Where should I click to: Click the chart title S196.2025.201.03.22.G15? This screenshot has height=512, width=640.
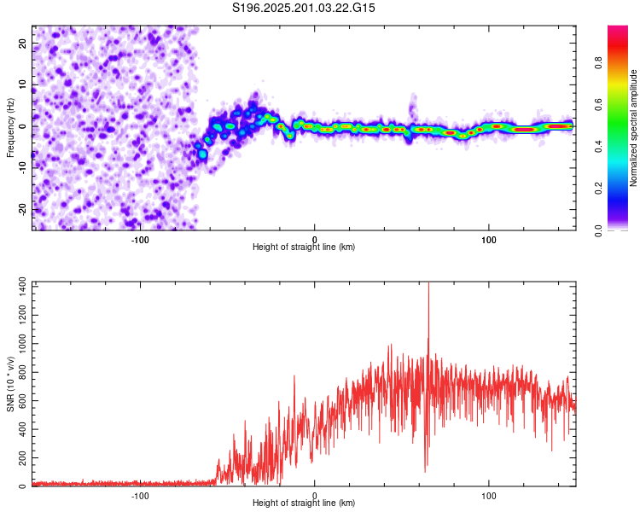tap(303, 8)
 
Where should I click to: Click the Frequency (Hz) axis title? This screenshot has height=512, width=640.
tap(10, 128)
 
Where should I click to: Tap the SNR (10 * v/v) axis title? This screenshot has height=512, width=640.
tap(10, 384)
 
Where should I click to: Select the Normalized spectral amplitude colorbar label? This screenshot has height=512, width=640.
tap(633, 128)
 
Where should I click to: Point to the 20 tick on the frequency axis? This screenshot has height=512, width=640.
tap(22, 43)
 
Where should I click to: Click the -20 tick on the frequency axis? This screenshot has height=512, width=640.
tap(22, 209)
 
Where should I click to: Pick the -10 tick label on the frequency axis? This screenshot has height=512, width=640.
tap(22, 168)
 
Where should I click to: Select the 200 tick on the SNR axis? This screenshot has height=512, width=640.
tap(22, 457)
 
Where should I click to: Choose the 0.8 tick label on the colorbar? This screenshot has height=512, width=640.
tap(598, 63)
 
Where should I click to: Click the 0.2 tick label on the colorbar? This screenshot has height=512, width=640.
tap(598, 189)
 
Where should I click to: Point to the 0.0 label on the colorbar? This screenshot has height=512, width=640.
tap(598, 231)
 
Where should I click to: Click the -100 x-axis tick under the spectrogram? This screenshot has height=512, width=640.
tap(140, 240)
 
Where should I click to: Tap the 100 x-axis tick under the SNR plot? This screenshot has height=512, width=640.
tap(489, 496)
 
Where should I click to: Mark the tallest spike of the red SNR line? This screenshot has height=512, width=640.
tap(428, 282)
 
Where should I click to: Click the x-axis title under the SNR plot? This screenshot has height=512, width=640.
tap(304, 503)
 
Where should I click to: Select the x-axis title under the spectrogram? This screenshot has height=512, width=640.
tap(304, 247)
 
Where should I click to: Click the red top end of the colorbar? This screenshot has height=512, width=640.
tap(618, 27)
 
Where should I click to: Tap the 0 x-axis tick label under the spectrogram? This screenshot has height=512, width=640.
tap(314, 240)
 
